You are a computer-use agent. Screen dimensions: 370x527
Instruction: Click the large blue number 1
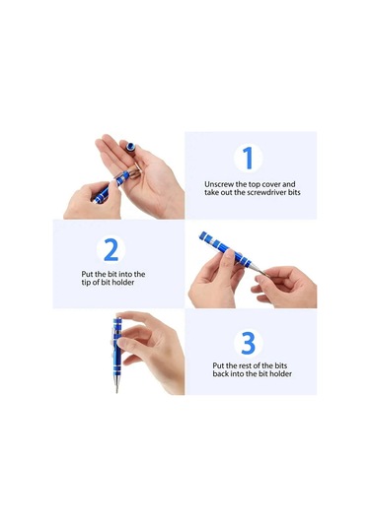(248, 158)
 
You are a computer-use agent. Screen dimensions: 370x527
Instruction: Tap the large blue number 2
(111, 249)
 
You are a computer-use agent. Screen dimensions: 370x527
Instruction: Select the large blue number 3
(249, 343)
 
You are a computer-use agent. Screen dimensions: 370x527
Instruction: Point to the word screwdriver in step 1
(267, 193)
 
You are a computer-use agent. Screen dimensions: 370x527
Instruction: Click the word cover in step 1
(271, 184)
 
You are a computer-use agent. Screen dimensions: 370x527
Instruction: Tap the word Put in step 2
(87, 274)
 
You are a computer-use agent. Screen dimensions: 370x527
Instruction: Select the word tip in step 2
(86, 283)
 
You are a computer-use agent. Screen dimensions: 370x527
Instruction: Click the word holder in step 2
(123, 283)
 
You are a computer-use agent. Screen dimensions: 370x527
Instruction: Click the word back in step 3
(221, 373)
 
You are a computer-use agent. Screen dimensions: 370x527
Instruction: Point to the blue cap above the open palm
(130, 146)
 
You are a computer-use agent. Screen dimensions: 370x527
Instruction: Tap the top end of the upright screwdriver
(116, 318)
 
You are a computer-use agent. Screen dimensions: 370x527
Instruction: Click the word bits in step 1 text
(294, 193)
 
